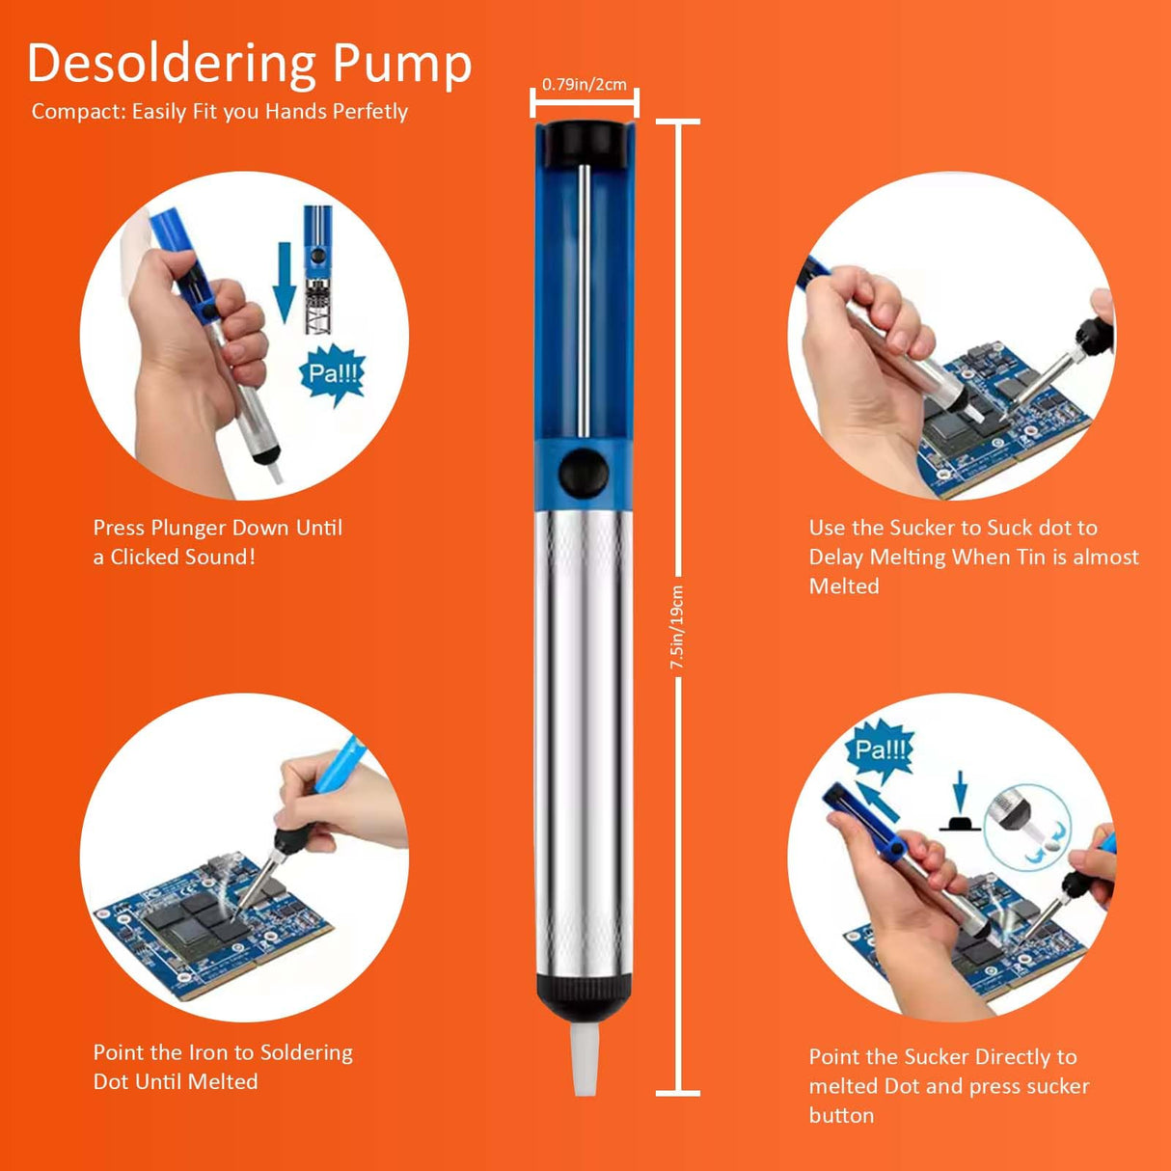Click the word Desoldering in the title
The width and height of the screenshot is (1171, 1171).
tap(172, 64)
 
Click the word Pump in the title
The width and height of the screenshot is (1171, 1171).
tap(402, 64)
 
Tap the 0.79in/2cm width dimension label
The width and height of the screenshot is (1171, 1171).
tap(584, 85)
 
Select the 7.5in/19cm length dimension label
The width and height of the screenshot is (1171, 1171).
tap(677, 627)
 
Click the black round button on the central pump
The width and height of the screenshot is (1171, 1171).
tap(584, 473)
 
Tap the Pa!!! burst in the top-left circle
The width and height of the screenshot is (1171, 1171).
tap(332, 373)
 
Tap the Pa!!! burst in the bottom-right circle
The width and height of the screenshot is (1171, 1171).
tap(881, 749)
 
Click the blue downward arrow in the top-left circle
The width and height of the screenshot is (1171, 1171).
tap(284, 281)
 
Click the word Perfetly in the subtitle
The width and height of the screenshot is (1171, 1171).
tap(369, 112)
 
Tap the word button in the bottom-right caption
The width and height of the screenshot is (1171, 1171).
tap(841, 1115)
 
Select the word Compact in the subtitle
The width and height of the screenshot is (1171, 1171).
tap(77, 112)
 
